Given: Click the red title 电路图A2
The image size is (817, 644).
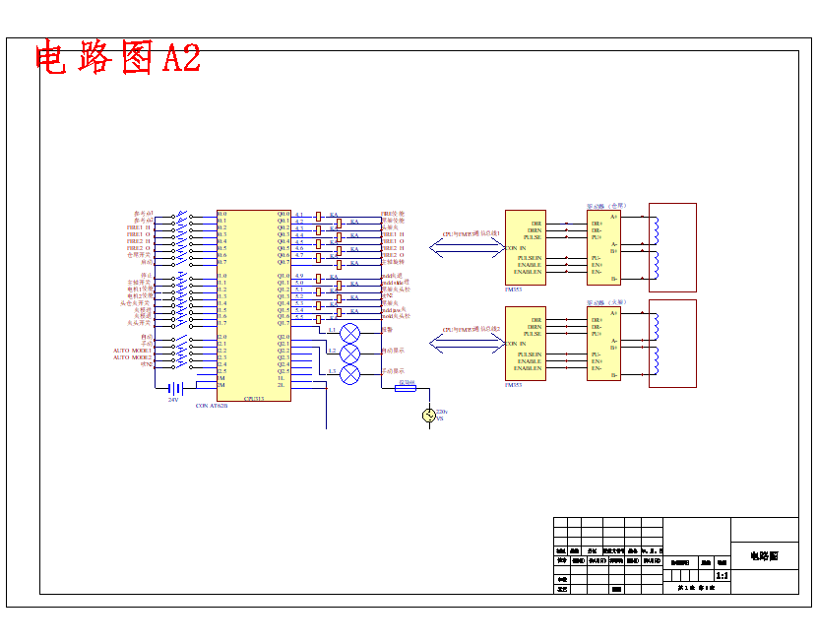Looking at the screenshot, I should coord(118,58).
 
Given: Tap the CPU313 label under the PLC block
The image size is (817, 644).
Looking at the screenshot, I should coord(254,399).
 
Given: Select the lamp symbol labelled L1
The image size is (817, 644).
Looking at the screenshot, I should coord(350,332).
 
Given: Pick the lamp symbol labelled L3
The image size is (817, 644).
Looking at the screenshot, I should coord(350,374).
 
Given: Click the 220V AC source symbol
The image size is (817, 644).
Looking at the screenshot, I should coord(429,416).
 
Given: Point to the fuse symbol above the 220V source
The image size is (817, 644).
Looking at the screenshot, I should coord(406,388).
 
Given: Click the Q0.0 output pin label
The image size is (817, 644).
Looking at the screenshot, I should coord(283,214).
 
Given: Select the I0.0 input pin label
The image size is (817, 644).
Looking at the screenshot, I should coord(222,214).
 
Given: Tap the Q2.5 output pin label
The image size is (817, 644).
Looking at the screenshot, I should coord(283,371).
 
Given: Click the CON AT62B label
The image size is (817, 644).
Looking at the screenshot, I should coord(212,406).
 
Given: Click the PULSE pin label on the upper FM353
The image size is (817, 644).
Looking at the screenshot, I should coord(532,237).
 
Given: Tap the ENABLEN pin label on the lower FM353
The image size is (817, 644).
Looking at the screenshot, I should coord(528,368).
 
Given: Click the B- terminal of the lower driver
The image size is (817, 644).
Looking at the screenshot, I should coord(613,375).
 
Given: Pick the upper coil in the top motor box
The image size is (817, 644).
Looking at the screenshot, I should coord(656,228).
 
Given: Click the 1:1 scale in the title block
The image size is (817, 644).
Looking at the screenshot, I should coord(722,575).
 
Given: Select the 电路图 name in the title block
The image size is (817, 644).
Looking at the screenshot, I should coord(764,556).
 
